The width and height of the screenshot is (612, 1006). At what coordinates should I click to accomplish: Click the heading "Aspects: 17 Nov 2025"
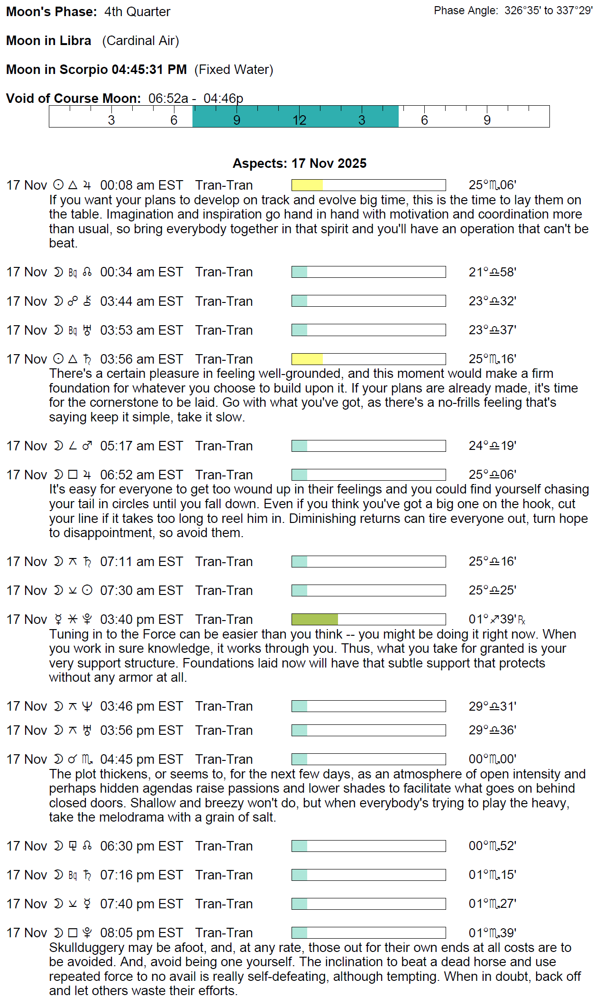tap(299, 164)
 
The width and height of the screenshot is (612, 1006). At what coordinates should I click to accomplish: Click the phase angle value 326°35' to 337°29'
tap(548, 11)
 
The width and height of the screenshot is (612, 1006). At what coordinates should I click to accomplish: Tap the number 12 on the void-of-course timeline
tap(299, 120)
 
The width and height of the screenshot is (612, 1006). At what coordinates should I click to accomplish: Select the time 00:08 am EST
tap(141, 185)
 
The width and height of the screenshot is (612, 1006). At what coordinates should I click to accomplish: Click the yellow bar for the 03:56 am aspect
tap(307, 359)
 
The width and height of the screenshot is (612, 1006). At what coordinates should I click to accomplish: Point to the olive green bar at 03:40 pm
tap(315, 619)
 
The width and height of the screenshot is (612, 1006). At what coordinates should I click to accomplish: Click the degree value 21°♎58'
tap(492, 272)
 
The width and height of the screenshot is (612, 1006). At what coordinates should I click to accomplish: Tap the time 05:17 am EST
tap(141, 446)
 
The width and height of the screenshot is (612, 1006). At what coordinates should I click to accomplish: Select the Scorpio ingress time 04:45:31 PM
tap(149, 70)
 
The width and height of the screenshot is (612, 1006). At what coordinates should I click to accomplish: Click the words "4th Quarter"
tap(137, 12)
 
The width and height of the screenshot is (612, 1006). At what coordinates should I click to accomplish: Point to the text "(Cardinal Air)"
tap(140, 41)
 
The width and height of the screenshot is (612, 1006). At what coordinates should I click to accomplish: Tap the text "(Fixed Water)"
tap(234, 70)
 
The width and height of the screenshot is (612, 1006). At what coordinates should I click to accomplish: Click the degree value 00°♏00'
tap(492, 759)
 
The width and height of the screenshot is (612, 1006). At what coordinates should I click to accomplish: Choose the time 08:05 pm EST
tap(141, 933)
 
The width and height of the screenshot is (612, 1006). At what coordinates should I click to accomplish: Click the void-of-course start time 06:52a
tap(168, 99)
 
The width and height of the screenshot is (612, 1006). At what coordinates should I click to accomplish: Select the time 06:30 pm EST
tap(141, 846)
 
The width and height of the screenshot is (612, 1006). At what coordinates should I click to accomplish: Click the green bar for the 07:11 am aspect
tap(300, 562)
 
